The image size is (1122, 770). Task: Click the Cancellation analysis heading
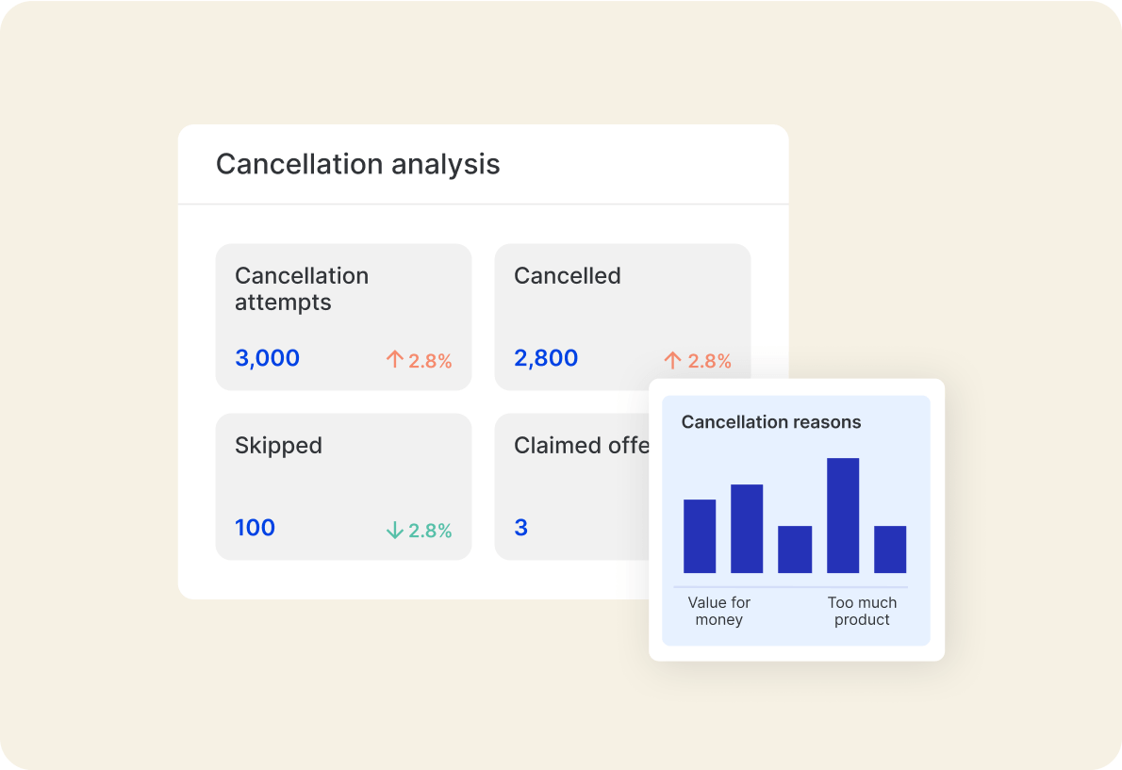click(x=357, y=164)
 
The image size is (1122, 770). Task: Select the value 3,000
click(x=267, y=358)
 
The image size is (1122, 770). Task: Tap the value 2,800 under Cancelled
click(x=546, y=358)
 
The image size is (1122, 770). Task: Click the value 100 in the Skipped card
click(x=255, y=528)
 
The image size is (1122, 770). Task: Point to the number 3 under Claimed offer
click(x=520, y=528)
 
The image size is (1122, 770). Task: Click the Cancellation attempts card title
click(x=301, y=288)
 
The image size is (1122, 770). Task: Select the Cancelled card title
click(x=567, y=276)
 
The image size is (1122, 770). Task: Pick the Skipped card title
click(x=278, y=446)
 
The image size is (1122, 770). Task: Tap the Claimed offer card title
click(x=581, y=446)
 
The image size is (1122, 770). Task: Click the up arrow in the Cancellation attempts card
click(x=394, y=359)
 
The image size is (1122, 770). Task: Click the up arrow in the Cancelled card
click(x=672, y=360)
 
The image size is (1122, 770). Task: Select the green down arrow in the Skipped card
click(x=394, y=531)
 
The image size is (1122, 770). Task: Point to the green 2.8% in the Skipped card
click(x=430, y=531)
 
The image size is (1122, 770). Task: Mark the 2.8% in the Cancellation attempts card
click(x=430, y=360)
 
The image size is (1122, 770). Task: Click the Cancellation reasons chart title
click(x=770, y=422)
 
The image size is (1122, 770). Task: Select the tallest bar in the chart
click(x=843, y=516)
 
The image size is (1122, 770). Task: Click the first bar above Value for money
click(x=700, y=536)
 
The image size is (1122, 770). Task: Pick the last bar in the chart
click(x=890, y=549)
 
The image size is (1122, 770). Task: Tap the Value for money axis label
click(x=719, y=611)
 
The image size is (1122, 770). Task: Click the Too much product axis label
click(x=862, y=611)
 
